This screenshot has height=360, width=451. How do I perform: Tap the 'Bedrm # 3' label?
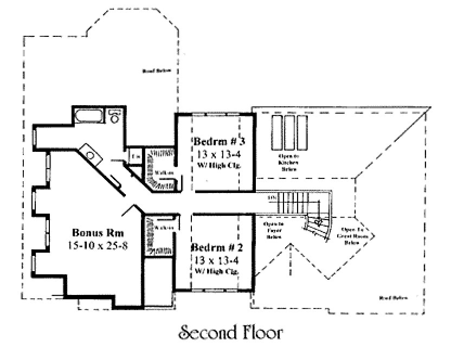[220, 142]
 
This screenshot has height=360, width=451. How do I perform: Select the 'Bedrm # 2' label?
[217, 247]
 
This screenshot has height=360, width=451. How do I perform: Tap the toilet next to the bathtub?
[114, 117]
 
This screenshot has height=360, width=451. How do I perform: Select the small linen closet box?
[136, 156]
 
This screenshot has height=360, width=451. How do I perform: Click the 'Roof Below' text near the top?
[153, 70]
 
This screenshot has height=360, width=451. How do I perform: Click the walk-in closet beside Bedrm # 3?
[161, 169]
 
